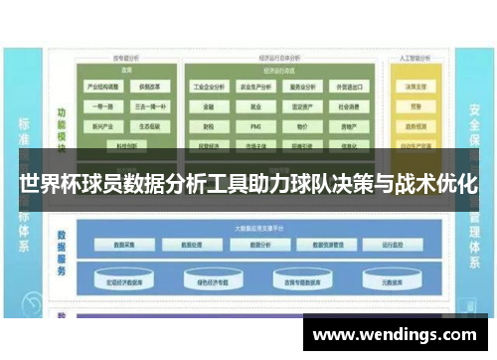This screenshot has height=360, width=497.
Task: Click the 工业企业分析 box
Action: point(211,86)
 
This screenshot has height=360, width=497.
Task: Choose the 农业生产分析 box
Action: point(256,86)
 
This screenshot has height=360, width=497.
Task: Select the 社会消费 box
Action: point(349,107)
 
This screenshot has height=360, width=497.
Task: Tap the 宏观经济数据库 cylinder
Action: point(130,281)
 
